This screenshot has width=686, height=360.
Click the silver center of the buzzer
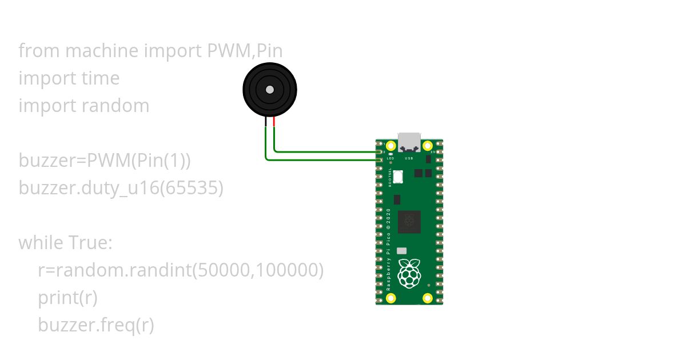(270, 89)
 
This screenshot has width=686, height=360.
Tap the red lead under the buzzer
(274, 122)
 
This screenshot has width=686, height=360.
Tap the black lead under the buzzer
(266, 122)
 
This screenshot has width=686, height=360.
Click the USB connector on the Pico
(409, 141)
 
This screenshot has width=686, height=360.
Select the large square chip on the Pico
(409, 222)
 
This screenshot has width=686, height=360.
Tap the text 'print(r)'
(67, 298)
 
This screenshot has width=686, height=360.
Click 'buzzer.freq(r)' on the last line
(96, 325)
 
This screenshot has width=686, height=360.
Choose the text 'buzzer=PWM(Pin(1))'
(105, 161)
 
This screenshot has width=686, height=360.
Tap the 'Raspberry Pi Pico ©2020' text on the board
(389, 250)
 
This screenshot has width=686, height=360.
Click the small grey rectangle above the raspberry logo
(401, 250)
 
